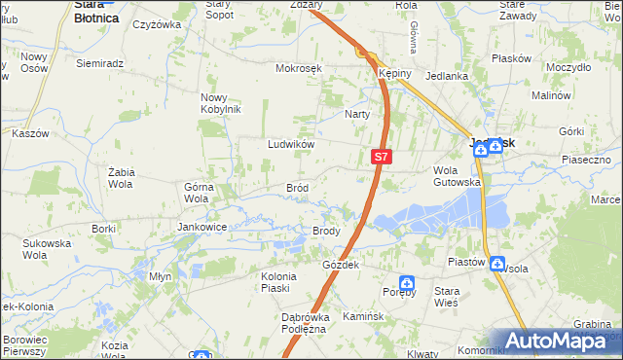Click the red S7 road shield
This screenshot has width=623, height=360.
click(383, 156)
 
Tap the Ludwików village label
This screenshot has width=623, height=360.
click(291, 144)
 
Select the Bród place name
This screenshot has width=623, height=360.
click(297, 188)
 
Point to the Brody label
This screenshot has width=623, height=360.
click(325, 231)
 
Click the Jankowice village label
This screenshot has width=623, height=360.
click(202, 227)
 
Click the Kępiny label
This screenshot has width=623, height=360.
click(396, 74)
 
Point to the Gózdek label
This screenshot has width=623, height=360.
click(342, 265)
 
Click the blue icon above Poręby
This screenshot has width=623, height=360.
click(408, 284)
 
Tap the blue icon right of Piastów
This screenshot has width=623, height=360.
click(497, 264)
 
